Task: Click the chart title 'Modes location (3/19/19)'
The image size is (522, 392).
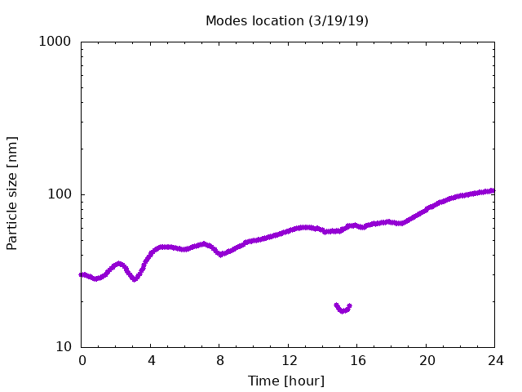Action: click(287, 21)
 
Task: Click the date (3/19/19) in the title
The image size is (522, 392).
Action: click(338, 21)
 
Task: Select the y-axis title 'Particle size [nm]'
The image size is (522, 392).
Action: click(12, 194)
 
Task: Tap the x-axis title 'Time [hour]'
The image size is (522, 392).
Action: click(286, 381)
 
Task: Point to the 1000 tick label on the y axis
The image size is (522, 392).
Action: click(55, 42)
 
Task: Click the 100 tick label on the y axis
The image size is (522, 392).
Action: click(60, 194)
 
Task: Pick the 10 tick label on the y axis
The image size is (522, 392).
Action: click(64, 347)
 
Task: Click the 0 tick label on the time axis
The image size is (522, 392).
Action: click(82, 360)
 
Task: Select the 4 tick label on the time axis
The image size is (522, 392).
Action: click(151, 360)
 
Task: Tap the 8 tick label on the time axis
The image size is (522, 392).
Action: click(219, 360)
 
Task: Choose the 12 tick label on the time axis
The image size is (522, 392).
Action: click(289, 360)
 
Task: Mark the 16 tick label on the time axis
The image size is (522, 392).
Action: click(358, 360)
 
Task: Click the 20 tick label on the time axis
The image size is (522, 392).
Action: click(427, 360)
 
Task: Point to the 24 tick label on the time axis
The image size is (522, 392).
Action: click(496, 360)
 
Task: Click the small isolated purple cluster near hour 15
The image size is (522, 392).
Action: click(343, 309)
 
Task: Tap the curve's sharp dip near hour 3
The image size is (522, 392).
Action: click(135, 278)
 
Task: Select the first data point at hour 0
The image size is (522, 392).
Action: click(81, 274)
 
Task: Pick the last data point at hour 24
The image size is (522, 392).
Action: click(493, 190)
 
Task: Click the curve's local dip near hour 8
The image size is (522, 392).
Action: click(220, 254)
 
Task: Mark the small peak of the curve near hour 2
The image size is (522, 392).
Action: click(119, 264)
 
